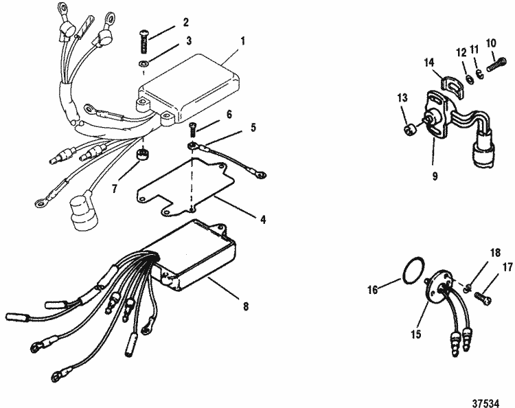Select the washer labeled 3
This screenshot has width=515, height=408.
tap(141, 65)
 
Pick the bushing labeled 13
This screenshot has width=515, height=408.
tap(407, 129)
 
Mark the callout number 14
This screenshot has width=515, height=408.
tap(430, 61)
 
